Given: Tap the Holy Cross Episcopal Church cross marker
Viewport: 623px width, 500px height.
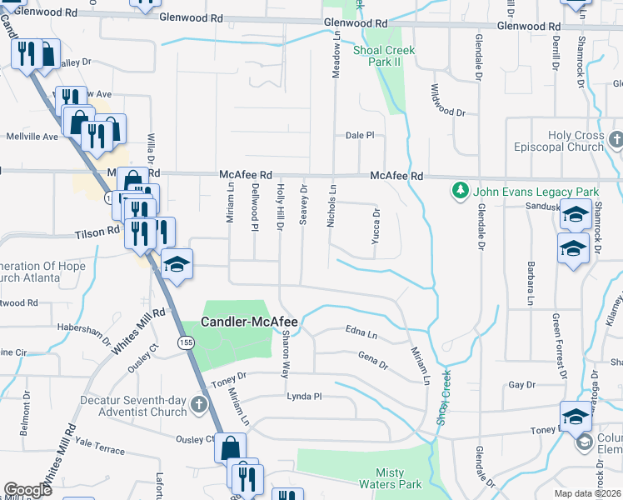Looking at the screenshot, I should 616,139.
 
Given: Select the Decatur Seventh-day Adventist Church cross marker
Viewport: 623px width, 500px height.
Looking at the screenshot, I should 198,405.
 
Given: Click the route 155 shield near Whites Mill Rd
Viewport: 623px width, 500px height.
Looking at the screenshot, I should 182,342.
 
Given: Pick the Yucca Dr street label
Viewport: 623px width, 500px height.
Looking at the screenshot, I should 376,226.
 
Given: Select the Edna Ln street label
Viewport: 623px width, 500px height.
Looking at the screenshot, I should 361,332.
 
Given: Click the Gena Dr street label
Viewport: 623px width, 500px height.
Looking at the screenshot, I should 372,361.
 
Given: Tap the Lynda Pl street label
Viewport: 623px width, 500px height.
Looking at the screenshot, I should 304,397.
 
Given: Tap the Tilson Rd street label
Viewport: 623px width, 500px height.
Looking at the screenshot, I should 97,234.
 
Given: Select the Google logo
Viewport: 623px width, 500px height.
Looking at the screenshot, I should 27,490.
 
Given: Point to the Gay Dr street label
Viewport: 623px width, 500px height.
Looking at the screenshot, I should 521,385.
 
